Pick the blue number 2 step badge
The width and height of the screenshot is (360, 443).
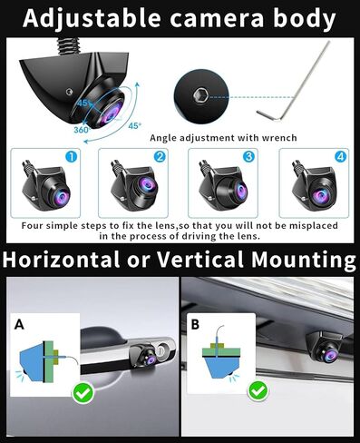pos(160,156)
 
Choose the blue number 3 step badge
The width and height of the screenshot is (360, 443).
pos(248,156)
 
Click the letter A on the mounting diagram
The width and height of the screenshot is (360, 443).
pos(19,323)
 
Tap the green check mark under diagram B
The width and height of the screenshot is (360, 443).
pos(258,391)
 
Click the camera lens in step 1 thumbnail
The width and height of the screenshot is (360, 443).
pos(52,195)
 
